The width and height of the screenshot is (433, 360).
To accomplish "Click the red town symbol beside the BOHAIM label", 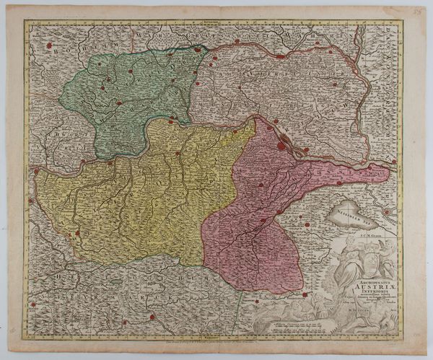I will (x=49, y=45).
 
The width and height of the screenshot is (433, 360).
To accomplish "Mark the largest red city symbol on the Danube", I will (x=281, y=145).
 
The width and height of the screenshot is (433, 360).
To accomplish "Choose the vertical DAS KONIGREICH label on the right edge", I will (x=395, y=87).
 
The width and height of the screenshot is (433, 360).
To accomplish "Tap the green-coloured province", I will (x=130, y=97).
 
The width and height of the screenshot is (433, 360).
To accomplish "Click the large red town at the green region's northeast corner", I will (x=198, y=51).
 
